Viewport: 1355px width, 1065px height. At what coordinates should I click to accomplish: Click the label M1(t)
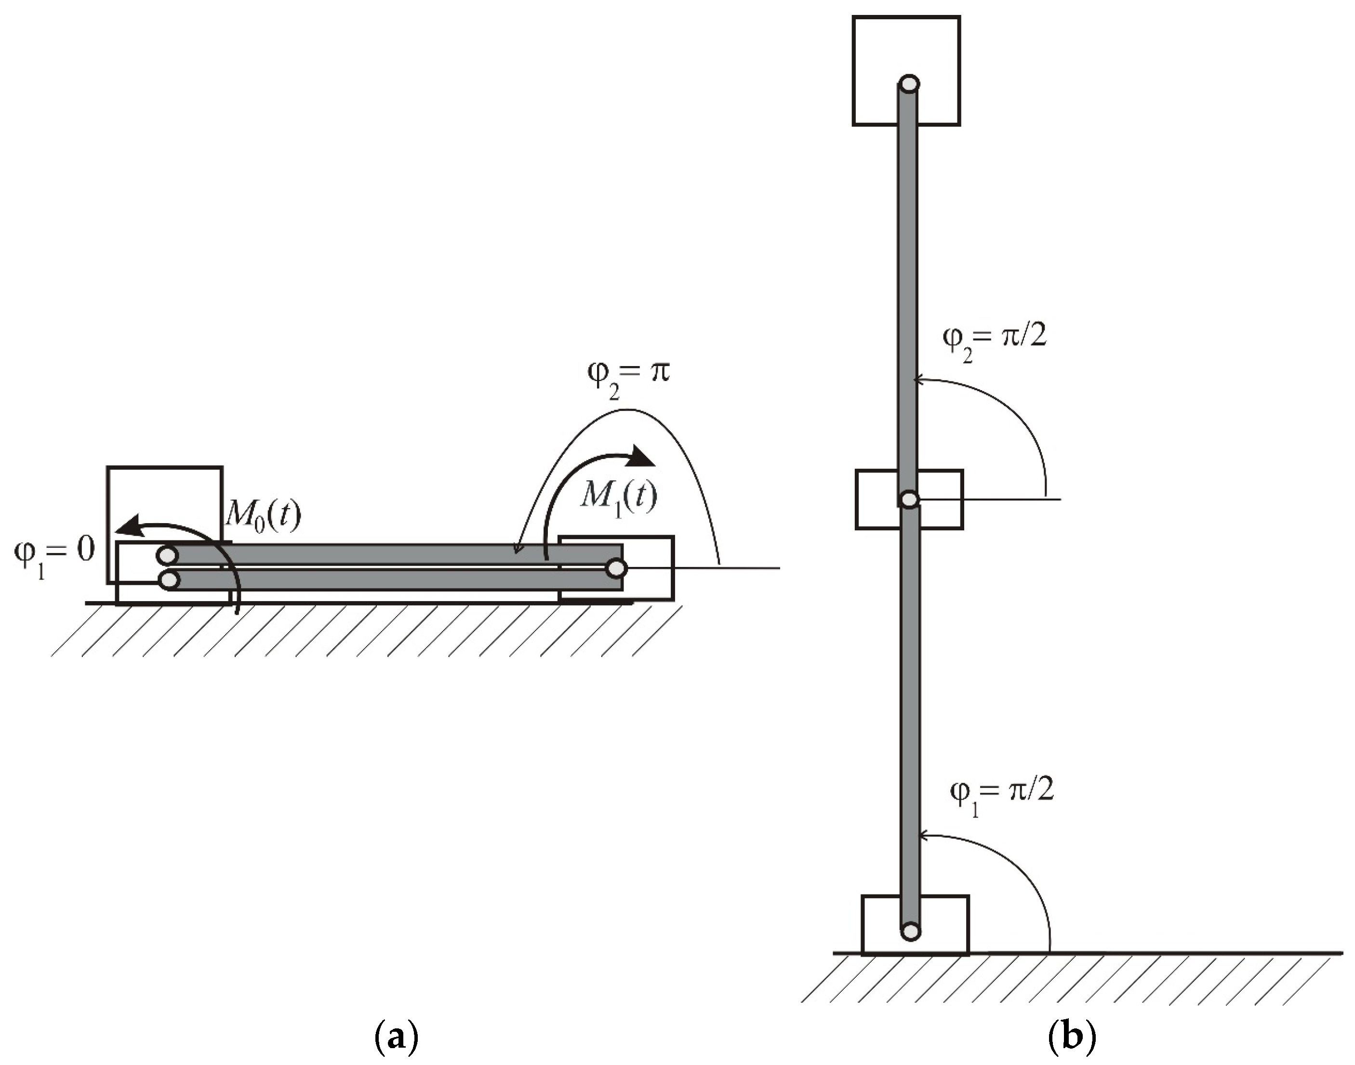(x=619, y=498)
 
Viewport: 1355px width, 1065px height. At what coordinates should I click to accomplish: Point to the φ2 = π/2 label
(x=994, y=340)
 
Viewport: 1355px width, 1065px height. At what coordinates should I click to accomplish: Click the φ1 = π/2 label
(x=1001, y=793)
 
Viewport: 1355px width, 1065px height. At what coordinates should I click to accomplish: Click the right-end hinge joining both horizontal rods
(x=616, y=568)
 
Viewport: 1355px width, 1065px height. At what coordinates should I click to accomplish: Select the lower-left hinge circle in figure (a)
(x=169, y=581)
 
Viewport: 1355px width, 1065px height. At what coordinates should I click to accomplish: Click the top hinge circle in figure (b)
(x=909, y=83)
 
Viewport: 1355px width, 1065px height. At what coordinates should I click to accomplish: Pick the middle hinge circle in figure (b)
(x=909, y=500)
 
